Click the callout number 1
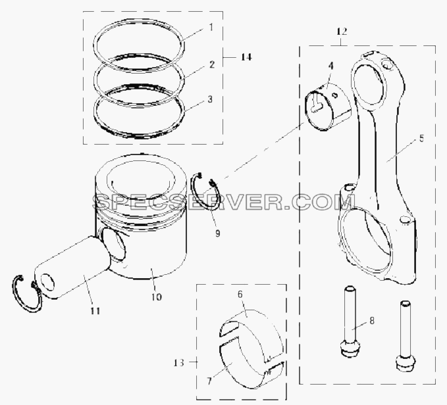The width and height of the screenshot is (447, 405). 211,28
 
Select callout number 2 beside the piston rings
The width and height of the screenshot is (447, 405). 211,64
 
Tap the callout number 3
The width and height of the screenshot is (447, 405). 210,100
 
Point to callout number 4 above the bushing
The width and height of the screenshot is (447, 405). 330,66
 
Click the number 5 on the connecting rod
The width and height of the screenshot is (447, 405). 421,139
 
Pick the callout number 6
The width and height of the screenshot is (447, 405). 240,295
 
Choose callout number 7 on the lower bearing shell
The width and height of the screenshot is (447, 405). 209,381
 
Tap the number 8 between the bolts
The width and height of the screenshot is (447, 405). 372,321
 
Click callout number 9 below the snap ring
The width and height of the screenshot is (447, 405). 217,233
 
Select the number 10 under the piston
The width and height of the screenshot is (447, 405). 156,297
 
